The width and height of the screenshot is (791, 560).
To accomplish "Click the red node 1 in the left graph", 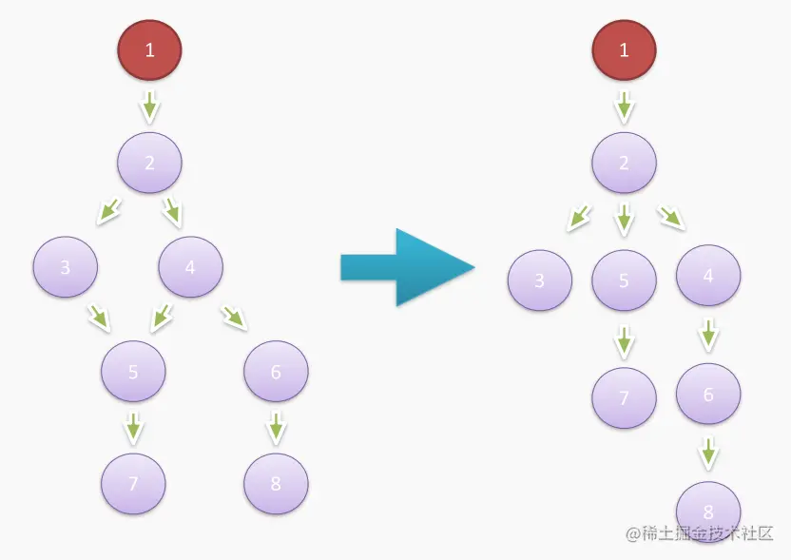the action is (149, 49).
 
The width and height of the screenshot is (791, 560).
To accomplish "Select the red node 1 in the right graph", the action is (624, 49).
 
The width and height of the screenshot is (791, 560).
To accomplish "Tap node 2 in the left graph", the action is (149, 162).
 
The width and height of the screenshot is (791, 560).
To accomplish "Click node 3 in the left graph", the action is (65, 267).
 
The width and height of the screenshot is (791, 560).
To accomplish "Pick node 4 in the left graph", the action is (190, 267).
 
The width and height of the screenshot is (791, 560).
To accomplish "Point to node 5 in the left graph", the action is (133, 371).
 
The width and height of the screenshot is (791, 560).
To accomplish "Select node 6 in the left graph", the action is (276, 371).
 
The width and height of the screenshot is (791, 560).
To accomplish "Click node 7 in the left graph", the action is (133, 483).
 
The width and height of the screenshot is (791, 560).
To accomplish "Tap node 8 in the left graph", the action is (276, 483).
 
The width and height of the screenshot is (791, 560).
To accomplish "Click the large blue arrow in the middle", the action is (406, 267).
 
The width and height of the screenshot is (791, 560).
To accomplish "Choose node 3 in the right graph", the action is (539, 280).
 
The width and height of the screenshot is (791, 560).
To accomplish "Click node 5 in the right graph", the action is (624, 280).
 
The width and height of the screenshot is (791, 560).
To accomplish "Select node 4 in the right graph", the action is (707, 276).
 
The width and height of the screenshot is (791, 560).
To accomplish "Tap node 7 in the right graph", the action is (624, 397).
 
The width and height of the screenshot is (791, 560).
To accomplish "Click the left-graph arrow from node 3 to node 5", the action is (100, 317).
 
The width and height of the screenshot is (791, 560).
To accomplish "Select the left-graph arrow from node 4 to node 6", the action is (234, 317).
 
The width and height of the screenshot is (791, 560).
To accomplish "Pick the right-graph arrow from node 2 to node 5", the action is (624, 221).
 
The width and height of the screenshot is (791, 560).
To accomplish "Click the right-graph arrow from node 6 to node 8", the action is (707, 453).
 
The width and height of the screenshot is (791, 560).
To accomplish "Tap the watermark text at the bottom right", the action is (699, 533).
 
